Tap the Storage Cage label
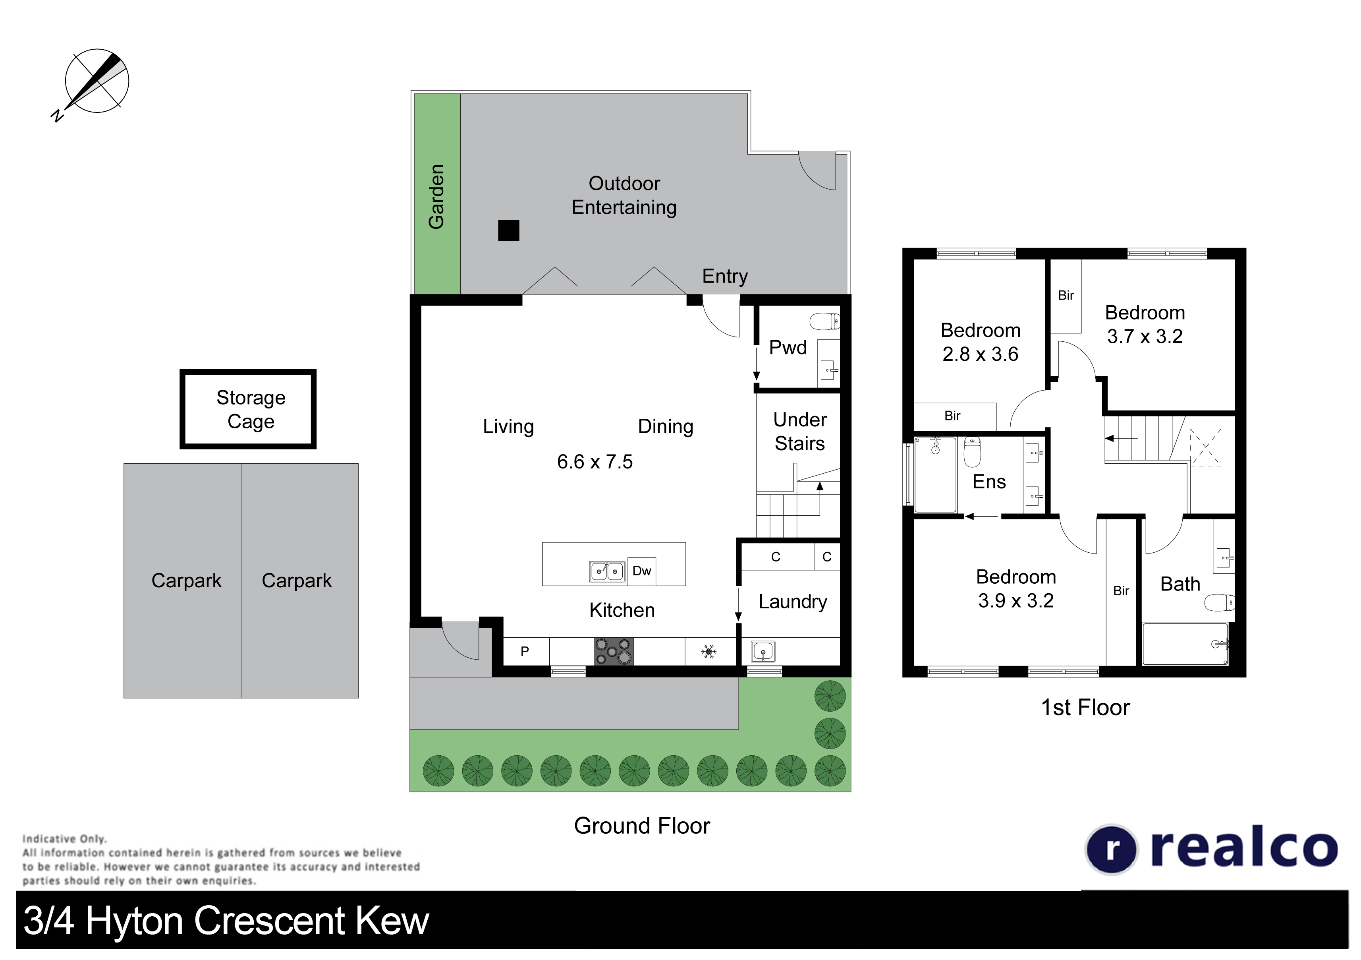click(251, 409)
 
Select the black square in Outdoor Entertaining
click(509, 230)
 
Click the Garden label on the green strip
click(436, 196)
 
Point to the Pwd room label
click(788, 347)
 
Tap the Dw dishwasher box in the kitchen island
click(641, 571)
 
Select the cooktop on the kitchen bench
click(614, 651)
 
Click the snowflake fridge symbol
click(708, 652)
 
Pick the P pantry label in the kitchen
click(525, 652)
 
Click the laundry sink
click(763, 652)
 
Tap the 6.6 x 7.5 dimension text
click(595, 461)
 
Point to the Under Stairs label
click(800, 432)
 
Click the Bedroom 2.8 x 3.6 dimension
click(981, 354)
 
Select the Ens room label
click(989, 482)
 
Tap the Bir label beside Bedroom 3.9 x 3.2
click(1121, 590)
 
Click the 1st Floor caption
click(1085, 707)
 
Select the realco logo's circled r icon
click(1112, 849)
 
